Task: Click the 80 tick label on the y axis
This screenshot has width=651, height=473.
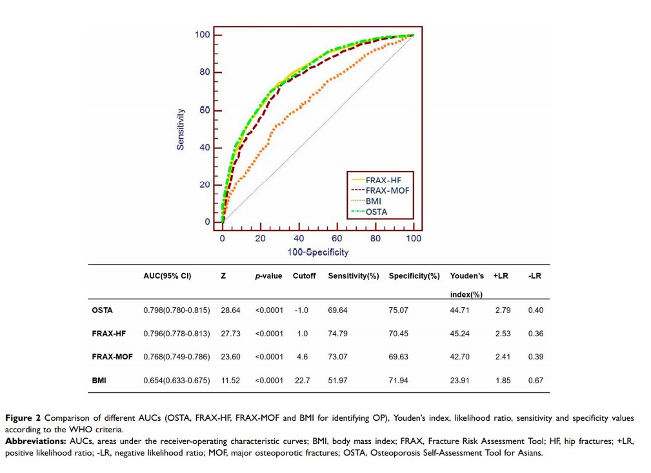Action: pyautogui.click(x=204, y=72)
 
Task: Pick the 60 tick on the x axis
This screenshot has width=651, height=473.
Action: pyautogui.click(x=337, y=239)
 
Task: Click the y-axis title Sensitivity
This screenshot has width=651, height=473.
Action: pyautogui.click(x=181, y=129)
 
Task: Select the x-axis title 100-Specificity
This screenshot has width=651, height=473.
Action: pyautogui.click(x=318, y=252)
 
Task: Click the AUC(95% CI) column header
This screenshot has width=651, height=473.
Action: pyautogui.click(x=167, y=276)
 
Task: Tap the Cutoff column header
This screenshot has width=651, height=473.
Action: pyautogui.click(x=305, y=276)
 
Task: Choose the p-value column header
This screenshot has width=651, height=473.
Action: pyautogui.click(x=268, y=276)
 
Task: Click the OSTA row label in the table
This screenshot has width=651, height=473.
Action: pyautogui.click(x=102, y=310)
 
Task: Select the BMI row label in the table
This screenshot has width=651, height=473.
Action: pyautogui.click(x=99, y=381)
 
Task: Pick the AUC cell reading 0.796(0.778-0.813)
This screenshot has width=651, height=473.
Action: pyautogui.click(x=177, y=334)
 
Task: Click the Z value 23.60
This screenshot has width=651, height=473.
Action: pyautogui.click(x=230, y=357)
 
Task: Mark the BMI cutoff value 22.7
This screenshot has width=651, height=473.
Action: pyautogui.click(x=302, y=381)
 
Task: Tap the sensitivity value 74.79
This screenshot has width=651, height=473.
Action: pyautogui.click(x=337, y=334)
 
